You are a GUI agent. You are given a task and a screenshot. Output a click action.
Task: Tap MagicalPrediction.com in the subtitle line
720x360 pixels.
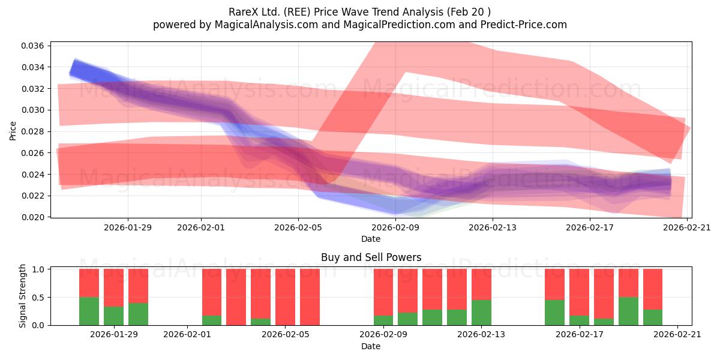pos(399,25)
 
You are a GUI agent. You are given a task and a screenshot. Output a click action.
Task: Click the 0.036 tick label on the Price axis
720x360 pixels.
pos(32,46)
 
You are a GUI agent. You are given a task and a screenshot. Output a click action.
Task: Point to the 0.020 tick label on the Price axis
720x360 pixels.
pos(32,217)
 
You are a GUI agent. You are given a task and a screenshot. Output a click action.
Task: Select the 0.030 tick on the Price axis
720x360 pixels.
pos(32,110)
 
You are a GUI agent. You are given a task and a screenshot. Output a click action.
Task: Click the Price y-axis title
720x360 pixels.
pos(13,131)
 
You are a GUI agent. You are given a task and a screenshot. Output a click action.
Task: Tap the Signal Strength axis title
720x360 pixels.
pos(22,296)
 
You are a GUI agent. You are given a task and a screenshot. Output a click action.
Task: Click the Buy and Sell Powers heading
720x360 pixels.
pos(371,257)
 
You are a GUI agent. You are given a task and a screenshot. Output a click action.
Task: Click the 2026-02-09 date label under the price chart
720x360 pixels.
pos(395,227)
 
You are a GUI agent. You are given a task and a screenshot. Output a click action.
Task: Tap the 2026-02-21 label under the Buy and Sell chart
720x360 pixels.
pos(677,335)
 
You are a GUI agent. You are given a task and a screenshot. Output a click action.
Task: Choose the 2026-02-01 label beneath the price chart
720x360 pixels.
pos(201,227)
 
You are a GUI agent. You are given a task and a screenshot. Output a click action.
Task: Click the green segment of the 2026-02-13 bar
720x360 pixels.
pos(481,313)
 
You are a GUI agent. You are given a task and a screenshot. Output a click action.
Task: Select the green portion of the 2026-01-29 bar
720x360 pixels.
pos(113,316)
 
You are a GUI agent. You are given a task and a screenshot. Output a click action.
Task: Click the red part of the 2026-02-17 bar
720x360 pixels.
pos(579,292)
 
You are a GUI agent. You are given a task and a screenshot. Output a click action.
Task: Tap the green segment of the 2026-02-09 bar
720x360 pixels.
pos(383,320)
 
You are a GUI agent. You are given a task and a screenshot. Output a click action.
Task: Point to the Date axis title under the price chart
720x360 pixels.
pos(371,239)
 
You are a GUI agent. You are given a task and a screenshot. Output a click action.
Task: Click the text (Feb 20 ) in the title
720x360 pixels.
pos(469,12)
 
